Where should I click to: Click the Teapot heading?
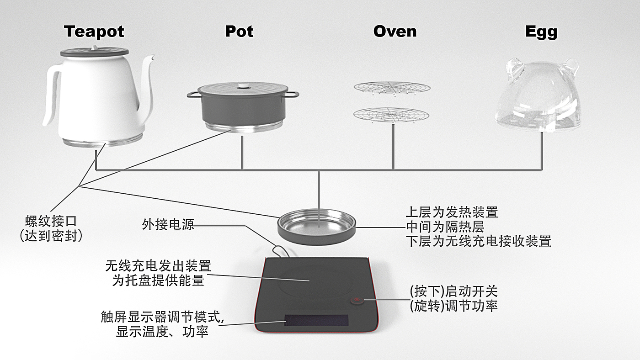click(x=94, y=32)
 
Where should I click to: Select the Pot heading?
click(x=239, y=32)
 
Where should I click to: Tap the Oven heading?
click(x=395, y=32)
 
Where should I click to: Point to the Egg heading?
click(x=541, y=32)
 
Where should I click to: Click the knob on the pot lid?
click(x=242, y=85)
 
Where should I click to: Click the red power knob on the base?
click(x=357, y=301)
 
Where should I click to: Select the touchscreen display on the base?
click(x=316, y=321)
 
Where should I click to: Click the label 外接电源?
click(x=168, y=224)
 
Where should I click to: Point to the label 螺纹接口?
click(x=51, y=222)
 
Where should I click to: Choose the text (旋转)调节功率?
click(x=453, y=306)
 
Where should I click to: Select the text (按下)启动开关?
click(x=453, y=291)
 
